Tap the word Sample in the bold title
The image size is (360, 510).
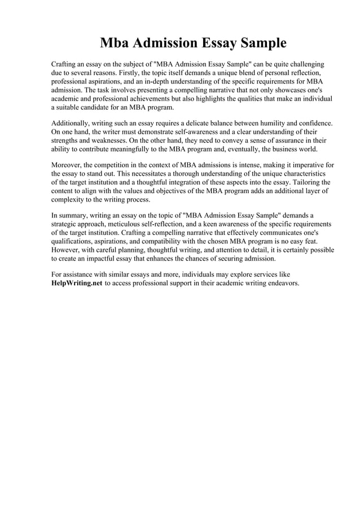pyautogui.click(x=259, y=43)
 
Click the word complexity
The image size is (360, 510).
pyautogui.click(x=69, y=199)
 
